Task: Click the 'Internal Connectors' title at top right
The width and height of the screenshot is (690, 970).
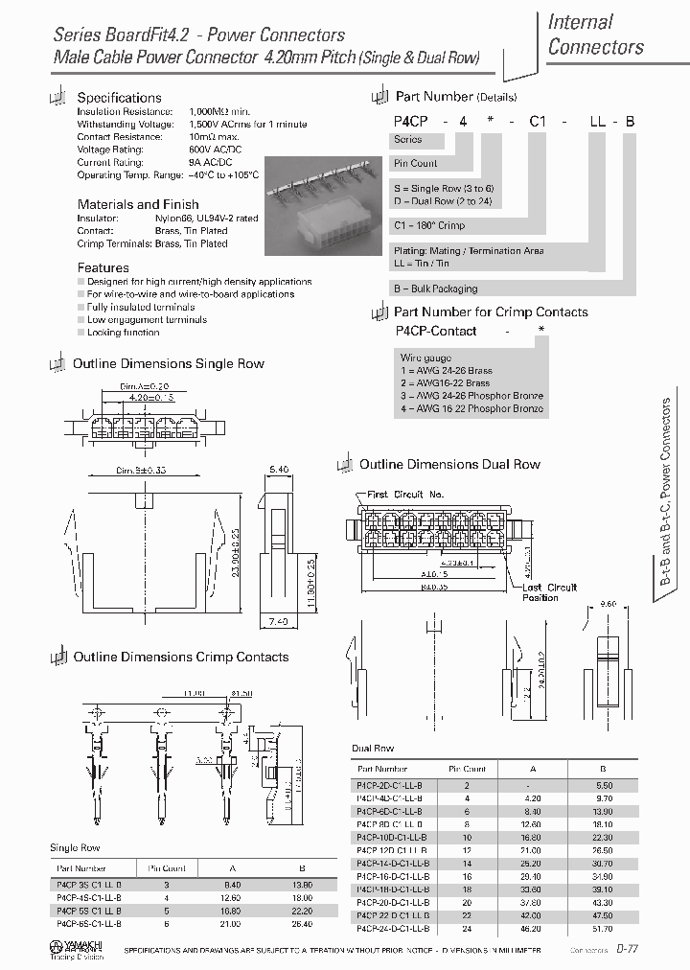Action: [595, 35]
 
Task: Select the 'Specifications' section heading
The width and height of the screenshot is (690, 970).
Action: [119, 98]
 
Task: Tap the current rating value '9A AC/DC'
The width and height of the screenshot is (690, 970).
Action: [212, 162]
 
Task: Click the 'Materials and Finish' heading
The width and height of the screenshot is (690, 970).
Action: [138, 204]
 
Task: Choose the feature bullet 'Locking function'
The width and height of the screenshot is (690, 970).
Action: [124, 332]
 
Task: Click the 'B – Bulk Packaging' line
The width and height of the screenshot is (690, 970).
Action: [435, 289]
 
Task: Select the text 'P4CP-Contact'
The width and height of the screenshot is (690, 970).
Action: [436, 331]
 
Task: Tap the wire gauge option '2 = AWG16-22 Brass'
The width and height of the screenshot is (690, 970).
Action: [445, 383]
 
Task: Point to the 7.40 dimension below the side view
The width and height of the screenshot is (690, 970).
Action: [279, 622]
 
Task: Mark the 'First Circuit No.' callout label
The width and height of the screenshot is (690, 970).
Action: [405, 495]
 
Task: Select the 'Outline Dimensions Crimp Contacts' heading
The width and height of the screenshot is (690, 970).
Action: [181, 658]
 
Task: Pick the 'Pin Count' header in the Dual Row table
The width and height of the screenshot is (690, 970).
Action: [467, 769]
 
